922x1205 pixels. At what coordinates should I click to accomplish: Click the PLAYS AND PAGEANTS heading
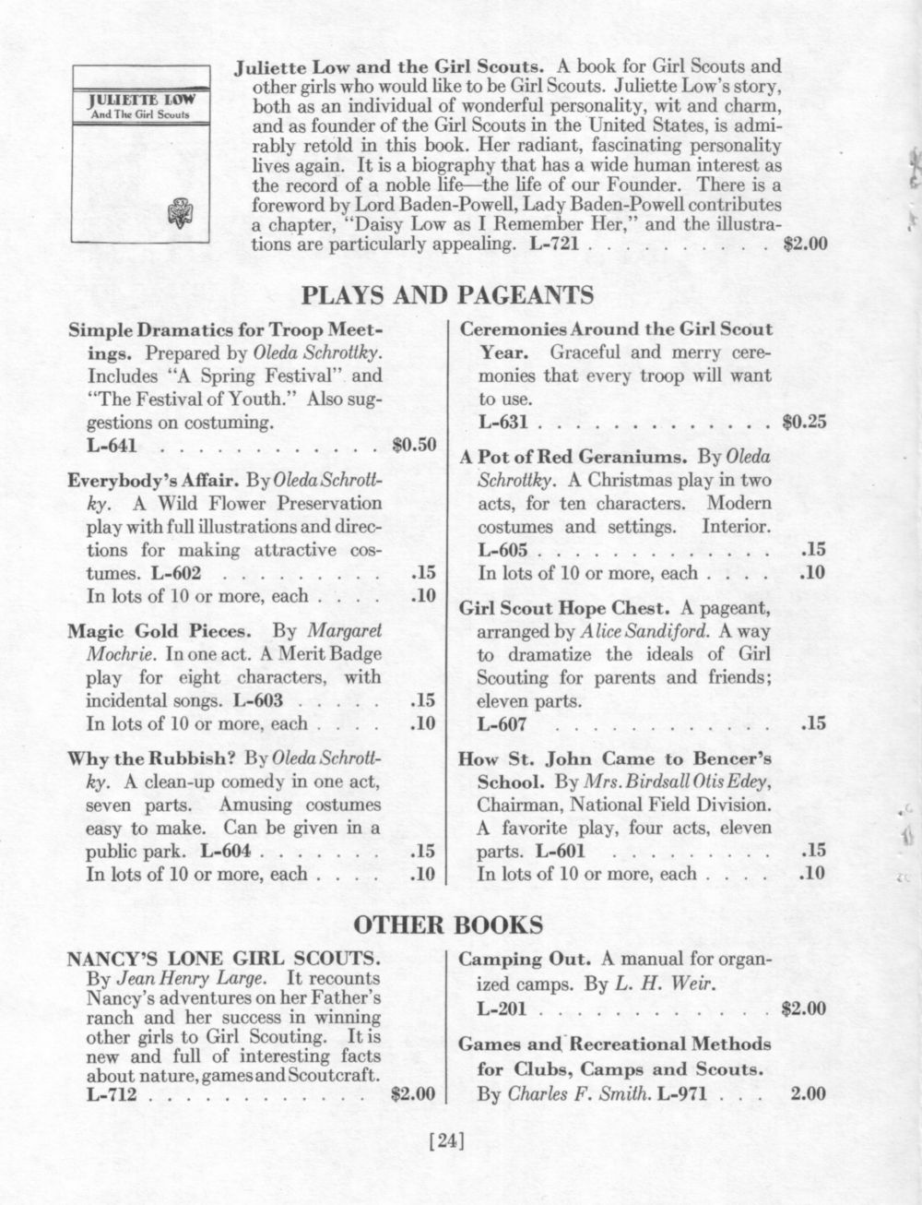tap(447, 294)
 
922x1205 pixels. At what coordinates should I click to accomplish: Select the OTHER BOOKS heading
tap(449, 925)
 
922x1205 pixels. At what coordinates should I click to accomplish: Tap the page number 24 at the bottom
tap(447, 1142)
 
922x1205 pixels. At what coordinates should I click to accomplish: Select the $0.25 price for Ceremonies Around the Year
tap(803, 424)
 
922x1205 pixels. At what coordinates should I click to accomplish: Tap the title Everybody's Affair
tap(141, 481)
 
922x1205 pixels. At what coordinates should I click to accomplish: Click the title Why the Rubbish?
tap(152, 759)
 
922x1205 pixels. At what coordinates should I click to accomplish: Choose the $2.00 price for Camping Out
tap(803, 1008)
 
